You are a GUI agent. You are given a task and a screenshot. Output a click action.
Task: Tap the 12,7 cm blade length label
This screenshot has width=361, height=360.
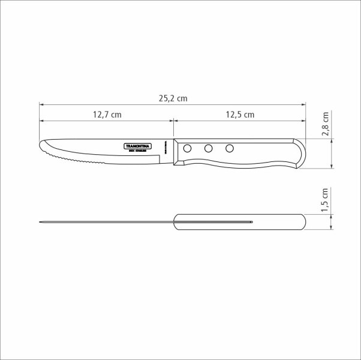[107, 114]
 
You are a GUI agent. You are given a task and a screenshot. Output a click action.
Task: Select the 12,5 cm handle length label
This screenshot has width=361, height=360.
[240, 114]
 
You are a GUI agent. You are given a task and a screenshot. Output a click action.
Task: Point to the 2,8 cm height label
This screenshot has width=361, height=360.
[326, 124]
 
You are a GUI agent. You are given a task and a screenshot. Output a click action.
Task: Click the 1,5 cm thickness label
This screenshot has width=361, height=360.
[326, 200]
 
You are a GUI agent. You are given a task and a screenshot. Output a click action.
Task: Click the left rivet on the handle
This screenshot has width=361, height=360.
[188, 148]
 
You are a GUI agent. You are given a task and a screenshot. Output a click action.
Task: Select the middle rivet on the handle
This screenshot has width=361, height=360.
[209, 148]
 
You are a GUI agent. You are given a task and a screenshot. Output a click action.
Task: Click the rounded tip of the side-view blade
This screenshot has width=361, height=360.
[42, 146]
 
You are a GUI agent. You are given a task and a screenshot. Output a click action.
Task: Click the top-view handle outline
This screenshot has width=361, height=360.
[276, 222]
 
